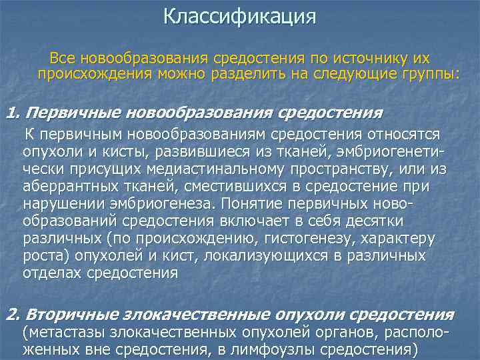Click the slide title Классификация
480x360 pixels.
239,15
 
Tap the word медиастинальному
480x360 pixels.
202,170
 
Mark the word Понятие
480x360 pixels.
253,203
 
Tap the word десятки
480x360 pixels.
375,220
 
